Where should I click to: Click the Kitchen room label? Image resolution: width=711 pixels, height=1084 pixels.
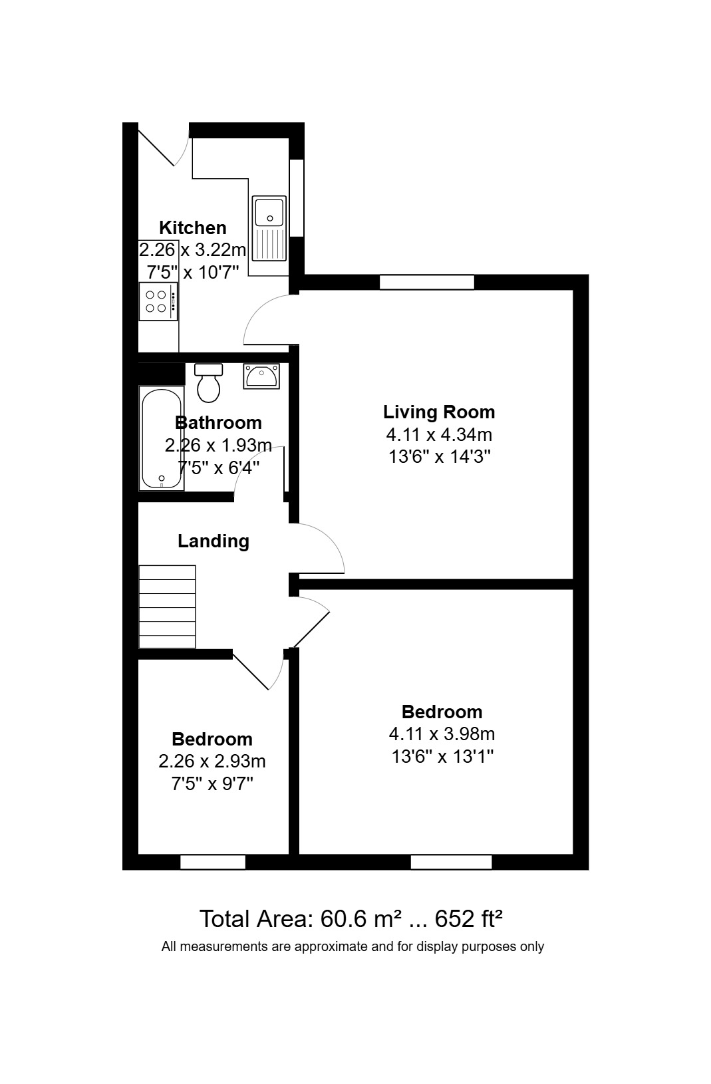click(192, 228)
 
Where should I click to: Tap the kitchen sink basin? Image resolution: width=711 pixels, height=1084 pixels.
click(269, 212)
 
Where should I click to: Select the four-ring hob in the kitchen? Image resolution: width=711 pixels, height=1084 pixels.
click(159, 301)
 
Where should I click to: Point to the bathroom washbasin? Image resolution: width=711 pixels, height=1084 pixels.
click(261, 376)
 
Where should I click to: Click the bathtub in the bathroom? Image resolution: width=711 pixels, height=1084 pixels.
click(161, 438)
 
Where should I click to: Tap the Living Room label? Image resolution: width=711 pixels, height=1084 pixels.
click(439, 412)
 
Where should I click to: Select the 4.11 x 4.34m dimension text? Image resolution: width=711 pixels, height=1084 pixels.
click(439, 435)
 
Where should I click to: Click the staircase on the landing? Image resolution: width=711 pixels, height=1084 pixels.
click(167, 607)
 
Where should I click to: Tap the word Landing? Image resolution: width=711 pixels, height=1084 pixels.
click(213, 541)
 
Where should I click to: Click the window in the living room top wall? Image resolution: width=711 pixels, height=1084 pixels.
click(426, 283)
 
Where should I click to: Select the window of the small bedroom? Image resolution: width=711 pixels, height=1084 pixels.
click(213, 863)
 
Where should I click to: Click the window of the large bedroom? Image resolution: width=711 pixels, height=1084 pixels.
click(451, 863)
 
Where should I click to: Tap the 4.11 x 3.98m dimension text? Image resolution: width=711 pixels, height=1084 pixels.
click(442, 735)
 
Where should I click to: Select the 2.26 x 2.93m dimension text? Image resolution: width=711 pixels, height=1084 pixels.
click(212, 761)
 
